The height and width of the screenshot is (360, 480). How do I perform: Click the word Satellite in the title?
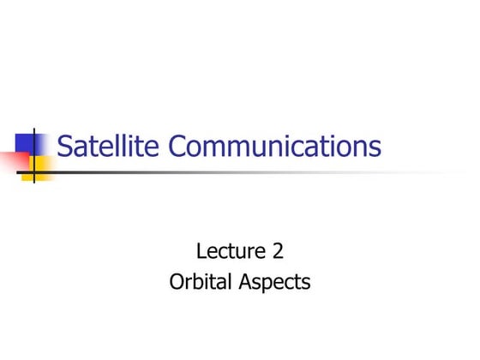coord(108,147)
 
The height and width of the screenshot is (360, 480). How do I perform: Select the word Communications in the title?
coord(274,147)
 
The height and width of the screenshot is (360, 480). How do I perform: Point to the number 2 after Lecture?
coord(278,252)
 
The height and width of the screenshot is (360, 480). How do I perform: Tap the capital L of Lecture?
coord(201,252)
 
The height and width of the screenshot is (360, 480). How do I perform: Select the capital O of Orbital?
coord(177,281)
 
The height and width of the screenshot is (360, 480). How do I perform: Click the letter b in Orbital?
coord(196,281)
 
